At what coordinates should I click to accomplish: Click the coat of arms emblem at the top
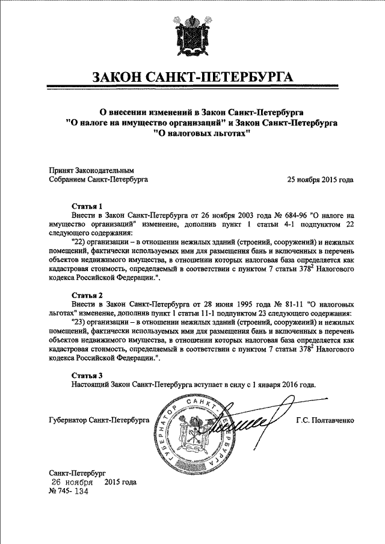[192, 37]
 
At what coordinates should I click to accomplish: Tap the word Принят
[60, 170]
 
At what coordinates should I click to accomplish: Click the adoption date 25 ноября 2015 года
[320, 179]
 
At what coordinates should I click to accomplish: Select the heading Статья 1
[87, 205]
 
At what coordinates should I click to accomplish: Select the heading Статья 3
[87, 376]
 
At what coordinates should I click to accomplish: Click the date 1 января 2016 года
[282, 385]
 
